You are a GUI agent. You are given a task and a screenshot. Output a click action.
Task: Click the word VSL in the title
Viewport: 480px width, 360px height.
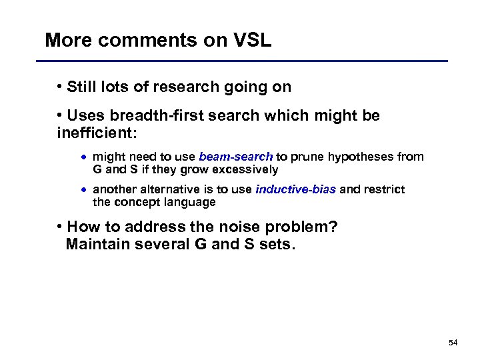(251, 40)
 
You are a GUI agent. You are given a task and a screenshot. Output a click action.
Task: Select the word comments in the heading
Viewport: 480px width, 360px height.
(137, 40)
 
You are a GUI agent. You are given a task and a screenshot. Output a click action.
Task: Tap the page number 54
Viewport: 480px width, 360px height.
(453, 343)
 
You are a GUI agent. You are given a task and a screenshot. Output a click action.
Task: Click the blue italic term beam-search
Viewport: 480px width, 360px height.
(235, 157)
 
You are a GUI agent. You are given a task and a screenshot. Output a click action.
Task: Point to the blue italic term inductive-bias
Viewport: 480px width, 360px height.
(295, 189)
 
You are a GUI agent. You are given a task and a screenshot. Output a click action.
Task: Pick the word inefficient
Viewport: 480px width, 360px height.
(95, 133)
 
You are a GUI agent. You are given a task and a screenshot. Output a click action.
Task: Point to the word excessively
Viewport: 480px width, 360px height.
(244, 169)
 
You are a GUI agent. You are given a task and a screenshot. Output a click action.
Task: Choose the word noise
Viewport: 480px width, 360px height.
(215, 227)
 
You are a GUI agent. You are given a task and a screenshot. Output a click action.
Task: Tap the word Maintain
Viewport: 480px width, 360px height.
(101, 244)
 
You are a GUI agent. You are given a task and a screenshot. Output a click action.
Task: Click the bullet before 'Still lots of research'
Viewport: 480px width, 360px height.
(60, 87)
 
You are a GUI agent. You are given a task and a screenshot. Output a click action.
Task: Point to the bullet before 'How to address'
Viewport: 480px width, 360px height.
(60, 227)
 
